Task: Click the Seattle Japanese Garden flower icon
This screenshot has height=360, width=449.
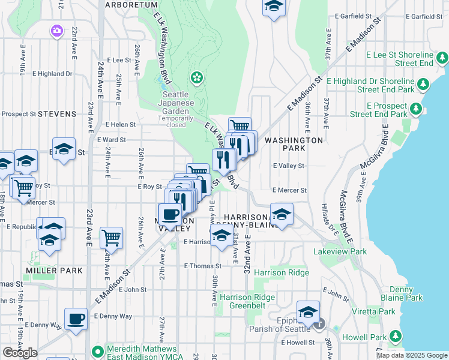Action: point(196,77)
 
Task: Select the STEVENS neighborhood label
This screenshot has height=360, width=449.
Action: point(57,113)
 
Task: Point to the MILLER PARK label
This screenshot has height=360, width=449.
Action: point(54,271)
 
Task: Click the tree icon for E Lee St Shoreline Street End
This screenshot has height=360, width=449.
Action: point(442,58)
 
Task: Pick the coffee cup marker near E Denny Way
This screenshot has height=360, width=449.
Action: point(76,319)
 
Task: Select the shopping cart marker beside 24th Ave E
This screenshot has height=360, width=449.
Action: point(112,238)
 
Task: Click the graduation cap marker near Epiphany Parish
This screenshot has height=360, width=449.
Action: point(309,312)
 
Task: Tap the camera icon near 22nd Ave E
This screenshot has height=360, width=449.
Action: point(57,30)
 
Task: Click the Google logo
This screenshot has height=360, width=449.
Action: point(20,353)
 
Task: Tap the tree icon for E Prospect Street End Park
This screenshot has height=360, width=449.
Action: point(416,109)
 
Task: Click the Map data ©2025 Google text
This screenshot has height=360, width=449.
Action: point(412,355)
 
